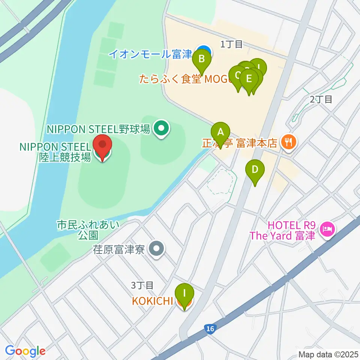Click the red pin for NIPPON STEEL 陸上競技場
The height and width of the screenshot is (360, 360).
pyautogui.click(x=102, y=148)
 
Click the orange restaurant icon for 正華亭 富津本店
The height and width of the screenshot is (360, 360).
pyautogui.click(x=288, y=141)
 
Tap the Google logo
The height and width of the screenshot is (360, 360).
pyautogui.click(x=25, y=351)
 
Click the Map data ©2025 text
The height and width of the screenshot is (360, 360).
pyautogui.click(x=328, y=354)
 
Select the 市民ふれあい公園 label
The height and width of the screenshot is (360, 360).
pyautogui.click(x=88, y=230)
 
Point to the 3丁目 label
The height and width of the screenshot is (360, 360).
pyautogui.click(x=142, y=285)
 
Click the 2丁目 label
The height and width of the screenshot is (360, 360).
pyautogui.click(x=321, y=99)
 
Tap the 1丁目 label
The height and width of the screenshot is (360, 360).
pyautogui.click(x=231, y=45)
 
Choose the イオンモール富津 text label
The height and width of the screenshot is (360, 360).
pyautogui.click(x=150, y=54)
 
